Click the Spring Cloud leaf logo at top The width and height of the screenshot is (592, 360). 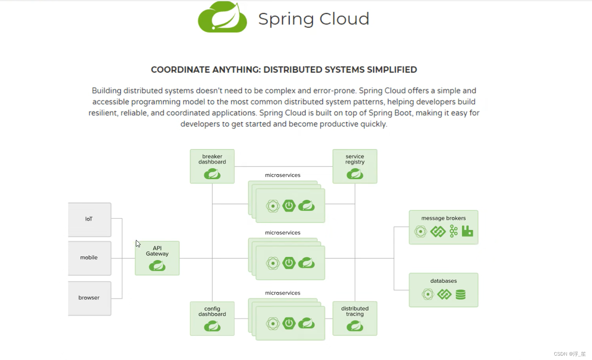[x=222, y=17]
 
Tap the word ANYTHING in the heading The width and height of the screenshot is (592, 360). [x=236, y=70]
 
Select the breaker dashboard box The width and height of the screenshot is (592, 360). [x=212, y=166]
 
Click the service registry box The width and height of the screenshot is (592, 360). [x=355, y=166]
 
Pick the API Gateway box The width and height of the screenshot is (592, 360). [x=157, y=258]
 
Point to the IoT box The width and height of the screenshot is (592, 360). [x=89, y=219]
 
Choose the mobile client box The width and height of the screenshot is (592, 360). [x=89, y=258]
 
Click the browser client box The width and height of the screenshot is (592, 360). [x=89, y=298]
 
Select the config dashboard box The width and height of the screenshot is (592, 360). [x=212, y=318]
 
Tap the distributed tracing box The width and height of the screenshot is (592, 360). [x=355, y=318]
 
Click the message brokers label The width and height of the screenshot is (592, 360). [x=443, y=218]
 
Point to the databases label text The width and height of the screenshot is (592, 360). [x=443, y=281]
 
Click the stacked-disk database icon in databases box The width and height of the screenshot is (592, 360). [x=460, y=295]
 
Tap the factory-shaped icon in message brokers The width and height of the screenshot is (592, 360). [x=468, y=231]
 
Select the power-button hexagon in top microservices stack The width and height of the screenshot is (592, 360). [x=289, y=206]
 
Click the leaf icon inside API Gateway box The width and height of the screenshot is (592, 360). [x=157, y=266]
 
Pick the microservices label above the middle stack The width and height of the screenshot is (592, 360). [x=283, y=233]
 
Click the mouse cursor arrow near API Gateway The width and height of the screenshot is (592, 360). [x=137, y=243]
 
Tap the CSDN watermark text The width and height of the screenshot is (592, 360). [x=569, y=354]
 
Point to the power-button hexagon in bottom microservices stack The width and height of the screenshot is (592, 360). [x=289, y=324]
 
